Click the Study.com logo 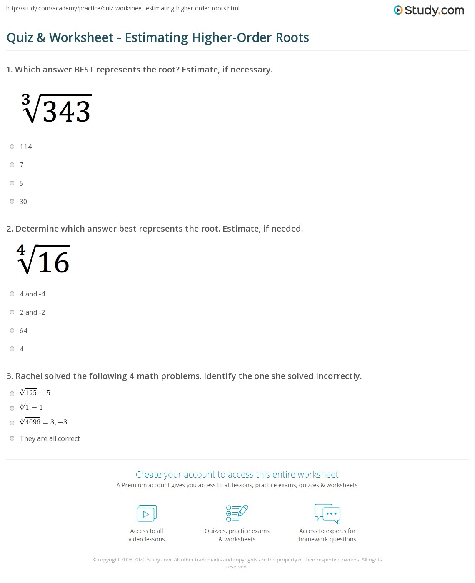tap(429, 10)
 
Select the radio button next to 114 tap(12, 147)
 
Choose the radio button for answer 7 tap(12, 165)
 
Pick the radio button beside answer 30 tap(12, 202)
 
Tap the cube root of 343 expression tap(57, 109)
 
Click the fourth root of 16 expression tap(44, 260)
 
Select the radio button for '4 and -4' tap(12, 294)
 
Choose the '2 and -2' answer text tap(32, 312)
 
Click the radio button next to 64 tap(12, 331)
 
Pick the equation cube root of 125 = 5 tap(35, 393)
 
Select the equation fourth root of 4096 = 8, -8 tap(43, 422)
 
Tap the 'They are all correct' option tap(50, 438)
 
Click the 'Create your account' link tap(237, 474)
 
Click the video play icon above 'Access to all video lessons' tap(147, 513)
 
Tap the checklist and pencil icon tap(237, 513)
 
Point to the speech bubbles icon tap(327, 513)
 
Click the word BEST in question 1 tap(84, 70)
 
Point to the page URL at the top tap(123, 8)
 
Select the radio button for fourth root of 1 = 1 tap(12, 408)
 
